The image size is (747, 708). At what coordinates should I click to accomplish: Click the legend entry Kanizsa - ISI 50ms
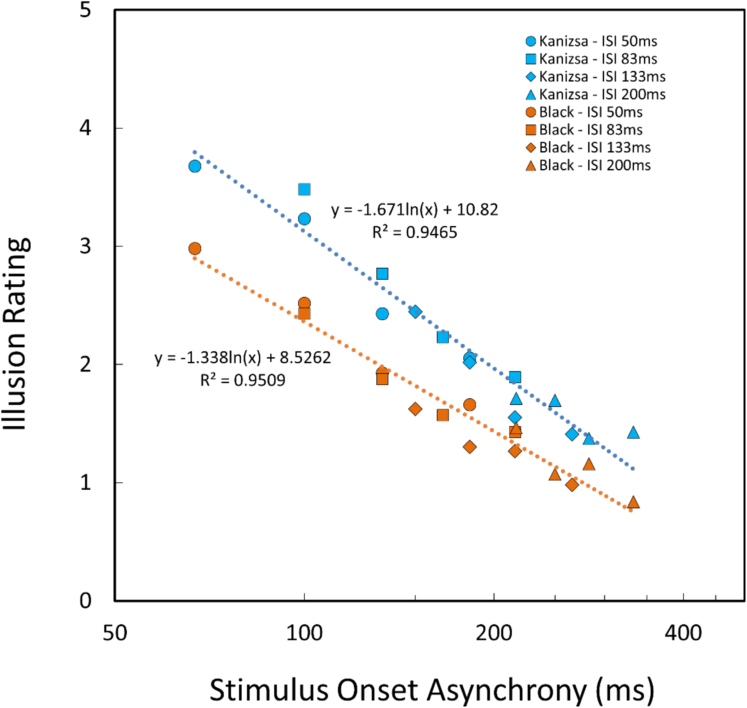591,41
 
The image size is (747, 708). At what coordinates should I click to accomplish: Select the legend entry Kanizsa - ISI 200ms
595,94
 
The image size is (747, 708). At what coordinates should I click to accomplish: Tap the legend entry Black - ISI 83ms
584,130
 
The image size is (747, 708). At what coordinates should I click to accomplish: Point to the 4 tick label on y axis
85,128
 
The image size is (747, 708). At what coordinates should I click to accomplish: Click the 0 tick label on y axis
85,601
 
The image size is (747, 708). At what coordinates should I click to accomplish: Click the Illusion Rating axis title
16,334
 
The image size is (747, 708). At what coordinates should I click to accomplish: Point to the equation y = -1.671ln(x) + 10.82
414,210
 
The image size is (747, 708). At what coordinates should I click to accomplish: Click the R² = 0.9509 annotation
243,379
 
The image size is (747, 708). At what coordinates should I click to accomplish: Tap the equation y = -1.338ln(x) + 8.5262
243,357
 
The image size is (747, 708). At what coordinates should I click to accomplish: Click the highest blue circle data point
195,166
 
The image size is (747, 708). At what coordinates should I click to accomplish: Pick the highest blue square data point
304,189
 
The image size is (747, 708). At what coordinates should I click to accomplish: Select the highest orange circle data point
195,248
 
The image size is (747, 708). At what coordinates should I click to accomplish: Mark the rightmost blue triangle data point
633,432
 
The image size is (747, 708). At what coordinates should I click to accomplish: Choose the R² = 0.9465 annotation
414,232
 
